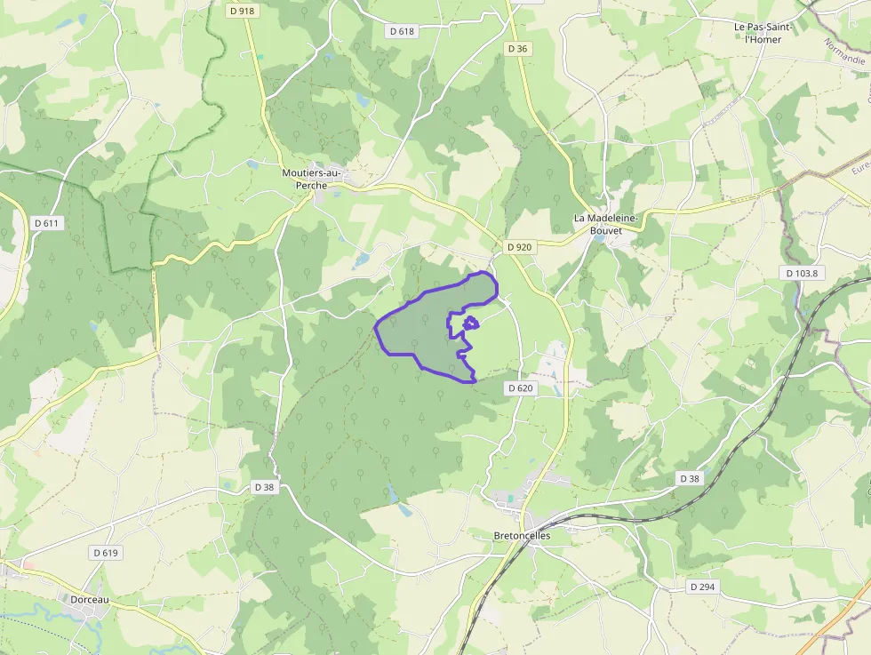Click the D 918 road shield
tap(241, 12)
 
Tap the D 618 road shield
tap(403, 31)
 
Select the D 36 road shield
tap(518, 49)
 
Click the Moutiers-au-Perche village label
tap(311, 179)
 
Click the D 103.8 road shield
tap(801, 274)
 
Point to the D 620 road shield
tap(520, 388)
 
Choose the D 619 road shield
tap(105, 553)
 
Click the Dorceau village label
tap(89, 600)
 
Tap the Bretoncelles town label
tap(522, 536)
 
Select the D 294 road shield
tap(701, 587)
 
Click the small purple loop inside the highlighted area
tap(471, 324)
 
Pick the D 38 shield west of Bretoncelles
tap(264, 487)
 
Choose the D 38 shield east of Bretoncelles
tap(690, 478)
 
